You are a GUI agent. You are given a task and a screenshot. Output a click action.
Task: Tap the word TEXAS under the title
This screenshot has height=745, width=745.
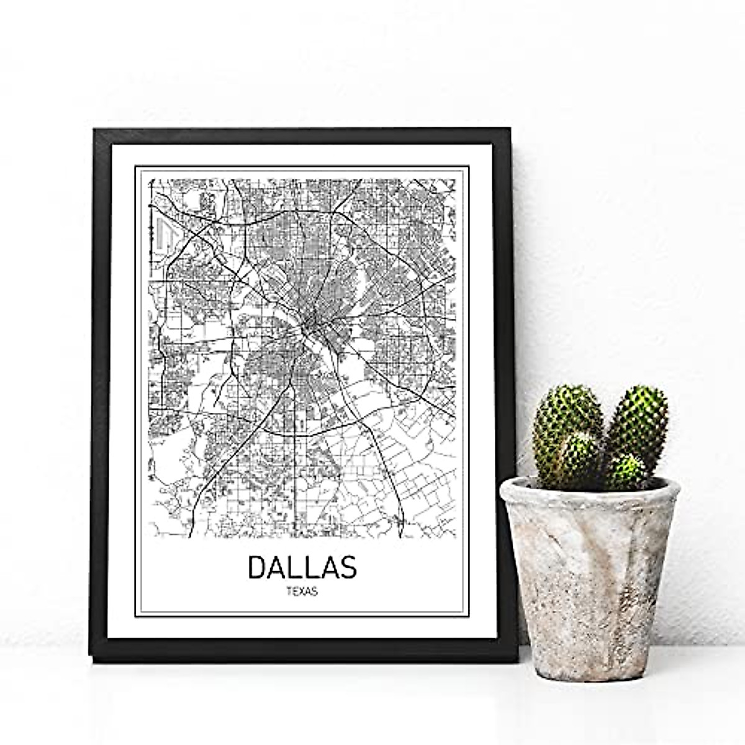[302, 592]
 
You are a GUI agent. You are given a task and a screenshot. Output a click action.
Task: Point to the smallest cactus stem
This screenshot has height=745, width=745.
[626, 470]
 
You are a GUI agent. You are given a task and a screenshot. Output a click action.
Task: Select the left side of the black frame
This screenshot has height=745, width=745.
[100, 391]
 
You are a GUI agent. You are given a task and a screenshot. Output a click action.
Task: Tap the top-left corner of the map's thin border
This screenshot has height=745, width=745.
[135, 166]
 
